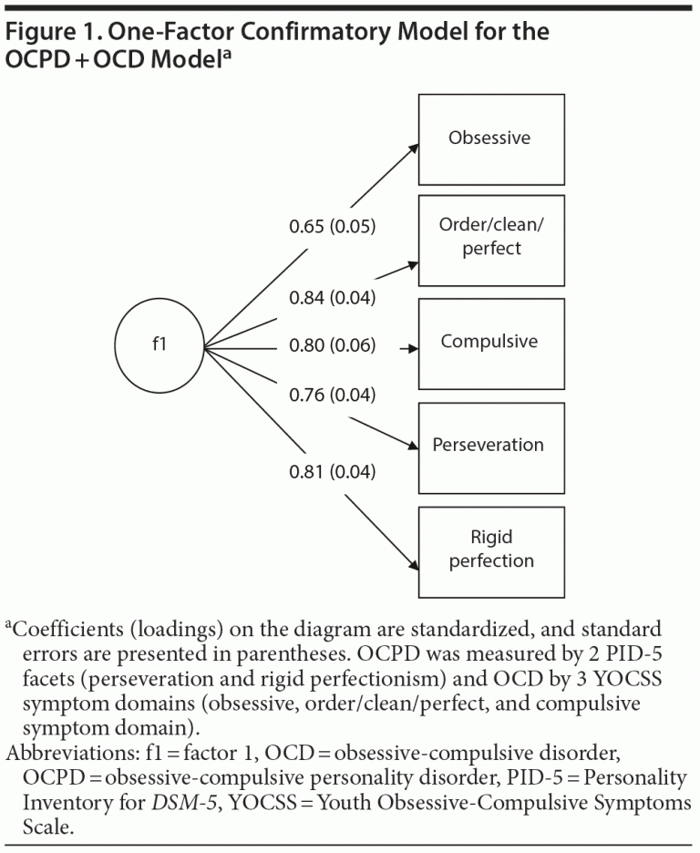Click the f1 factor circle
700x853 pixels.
160,347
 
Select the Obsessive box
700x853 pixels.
489,139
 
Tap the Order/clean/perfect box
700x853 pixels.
489,240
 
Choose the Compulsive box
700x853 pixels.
489,344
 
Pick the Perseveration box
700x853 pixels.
489,447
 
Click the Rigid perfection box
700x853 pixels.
489,551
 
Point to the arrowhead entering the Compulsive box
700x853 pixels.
414,348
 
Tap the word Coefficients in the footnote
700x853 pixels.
64,630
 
